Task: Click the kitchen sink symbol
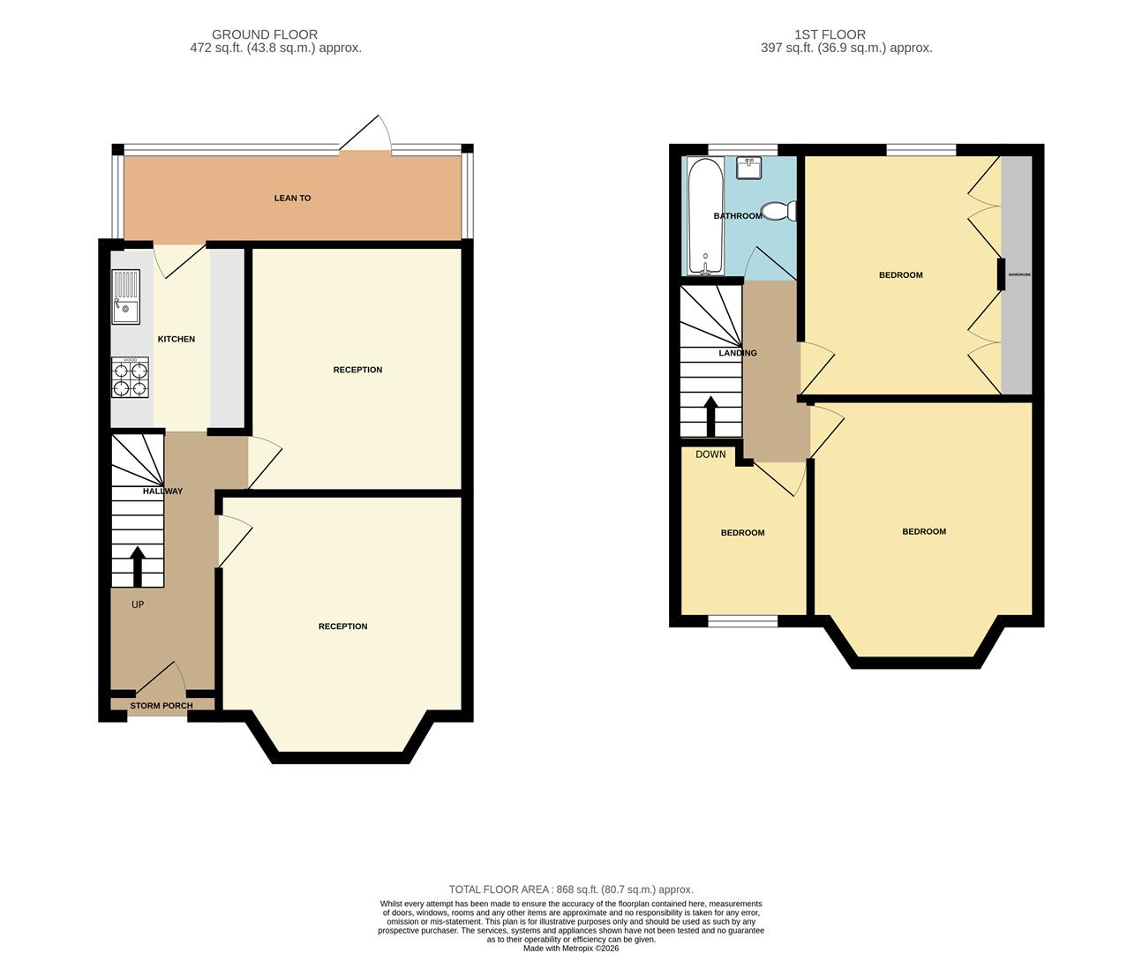click(x=125, y=296)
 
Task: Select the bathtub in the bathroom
click(x=705, y=216)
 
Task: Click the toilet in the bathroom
click(x=778, y=211)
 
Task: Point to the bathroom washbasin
click(x=748, y=167)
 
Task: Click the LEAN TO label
click(x=292, y=199)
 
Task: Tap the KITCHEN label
click(x=177, y=340)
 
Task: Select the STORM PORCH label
click(x=161, y=706)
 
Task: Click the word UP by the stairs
click(x=138, y=605)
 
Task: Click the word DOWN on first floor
click(x=710, y=454)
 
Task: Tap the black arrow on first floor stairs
click(x=710, y=416)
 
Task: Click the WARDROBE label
click(x=1019, y=274)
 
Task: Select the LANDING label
click(x=738, y=353)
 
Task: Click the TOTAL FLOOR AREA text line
click(x=571, y=889)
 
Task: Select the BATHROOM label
click(x=737, y=216)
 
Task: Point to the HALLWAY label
click(x=162, y=492)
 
